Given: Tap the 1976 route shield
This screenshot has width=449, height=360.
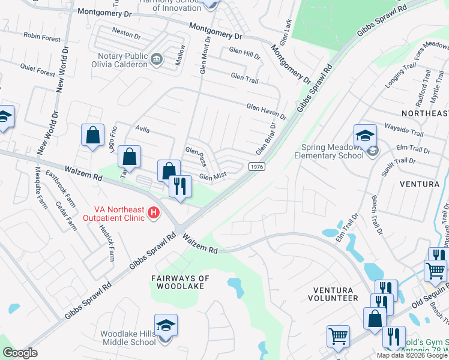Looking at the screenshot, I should coord(256,166).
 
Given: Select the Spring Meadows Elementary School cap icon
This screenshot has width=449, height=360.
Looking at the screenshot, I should coord(364,136).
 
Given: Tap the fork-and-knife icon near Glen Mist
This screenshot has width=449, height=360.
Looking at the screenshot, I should coord(179,187).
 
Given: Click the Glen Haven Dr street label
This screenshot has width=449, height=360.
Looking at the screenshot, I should coord(267,110).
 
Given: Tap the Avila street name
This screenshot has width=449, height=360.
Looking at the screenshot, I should coord(142,129).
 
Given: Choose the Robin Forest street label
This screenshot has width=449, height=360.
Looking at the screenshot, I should coord(42,37).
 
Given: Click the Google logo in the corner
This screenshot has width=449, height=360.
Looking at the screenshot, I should coord(20,353).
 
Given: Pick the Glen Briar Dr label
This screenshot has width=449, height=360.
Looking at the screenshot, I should coord(265,139).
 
